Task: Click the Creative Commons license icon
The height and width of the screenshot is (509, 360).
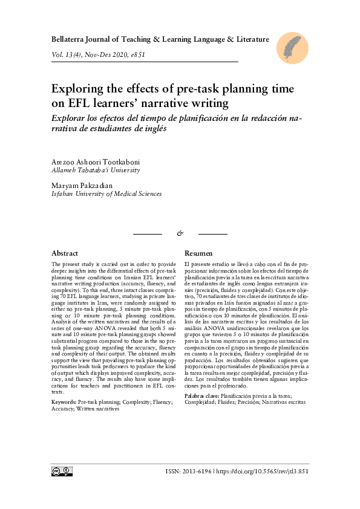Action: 62,471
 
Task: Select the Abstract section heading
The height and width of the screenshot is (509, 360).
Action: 65,253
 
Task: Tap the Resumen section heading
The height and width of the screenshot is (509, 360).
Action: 198,253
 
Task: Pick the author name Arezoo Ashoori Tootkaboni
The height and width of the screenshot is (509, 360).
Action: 95,162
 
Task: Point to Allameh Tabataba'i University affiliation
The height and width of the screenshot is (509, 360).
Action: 96,170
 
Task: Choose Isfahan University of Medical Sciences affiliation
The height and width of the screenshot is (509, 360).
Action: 106,194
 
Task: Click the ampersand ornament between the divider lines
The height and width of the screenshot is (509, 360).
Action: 180,233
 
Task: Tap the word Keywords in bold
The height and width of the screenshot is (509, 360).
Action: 64,401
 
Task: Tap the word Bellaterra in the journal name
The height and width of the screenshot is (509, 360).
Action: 71,40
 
